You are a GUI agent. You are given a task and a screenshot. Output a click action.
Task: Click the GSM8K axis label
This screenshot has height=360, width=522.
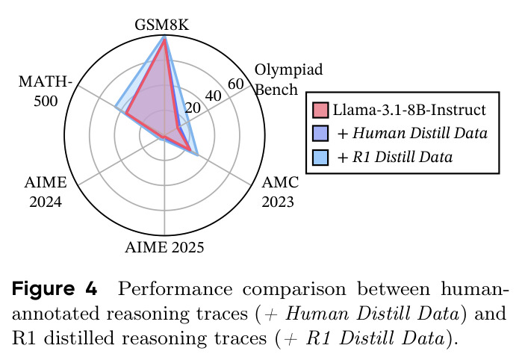tap(162, 25)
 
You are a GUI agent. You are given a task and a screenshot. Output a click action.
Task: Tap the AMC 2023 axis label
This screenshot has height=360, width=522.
tap(280, 192)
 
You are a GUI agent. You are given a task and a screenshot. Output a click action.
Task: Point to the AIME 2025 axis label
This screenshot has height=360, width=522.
tap(164, 247)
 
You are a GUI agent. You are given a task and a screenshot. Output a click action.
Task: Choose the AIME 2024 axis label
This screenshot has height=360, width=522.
tap(46, 192)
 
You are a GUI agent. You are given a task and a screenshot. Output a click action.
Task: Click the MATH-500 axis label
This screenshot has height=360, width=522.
tap(46, 91)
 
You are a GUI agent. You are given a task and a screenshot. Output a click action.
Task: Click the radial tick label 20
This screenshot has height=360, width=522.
tap(193, 108)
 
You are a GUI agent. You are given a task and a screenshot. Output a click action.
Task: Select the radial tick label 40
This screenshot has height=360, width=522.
tap(213, 96)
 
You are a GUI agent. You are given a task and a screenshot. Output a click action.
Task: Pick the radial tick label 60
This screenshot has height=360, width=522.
tap(236, 84)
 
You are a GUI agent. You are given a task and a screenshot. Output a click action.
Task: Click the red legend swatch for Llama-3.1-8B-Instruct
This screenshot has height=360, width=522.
tap(320, 110)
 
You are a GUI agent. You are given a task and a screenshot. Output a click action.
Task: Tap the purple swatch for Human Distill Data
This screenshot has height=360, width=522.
tap(320, 133)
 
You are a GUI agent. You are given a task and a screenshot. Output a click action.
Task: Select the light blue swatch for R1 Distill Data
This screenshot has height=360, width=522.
tap(320, 157)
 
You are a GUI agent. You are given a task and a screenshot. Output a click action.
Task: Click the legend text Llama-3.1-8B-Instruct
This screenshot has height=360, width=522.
tap(409, 110)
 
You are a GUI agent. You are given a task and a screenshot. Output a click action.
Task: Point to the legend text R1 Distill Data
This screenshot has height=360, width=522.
tap(403, 157)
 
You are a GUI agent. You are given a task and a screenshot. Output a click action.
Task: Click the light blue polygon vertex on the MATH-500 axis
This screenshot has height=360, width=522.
tap(116, 107)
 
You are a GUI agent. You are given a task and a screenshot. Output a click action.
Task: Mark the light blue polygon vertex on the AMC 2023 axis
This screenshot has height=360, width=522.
tap(198, 155)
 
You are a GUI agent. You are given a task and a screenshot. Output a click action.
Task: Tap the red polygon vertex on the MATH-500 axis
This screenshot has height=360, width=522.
tap(126, 114)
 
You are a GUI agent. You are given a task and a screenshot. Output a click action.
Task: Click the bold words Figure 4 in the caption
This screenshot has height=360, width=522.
tap(55, 288)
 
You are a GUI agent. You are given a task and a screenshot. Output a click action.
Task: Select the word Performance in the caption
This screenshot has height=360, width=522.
tap(175, 288)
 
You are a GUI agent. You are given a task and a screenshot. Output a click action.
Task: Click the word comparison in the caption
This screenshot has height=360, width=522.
tap(294, 290)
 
